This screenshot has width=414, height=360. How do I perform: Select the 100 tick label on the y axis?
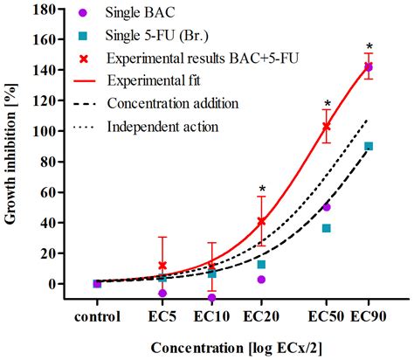(52, 130)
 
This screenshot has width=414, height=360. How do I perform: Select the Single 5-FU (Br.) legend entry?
(157, 36)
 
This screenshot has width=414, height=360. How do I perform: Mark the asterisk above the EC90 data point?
(369, 47)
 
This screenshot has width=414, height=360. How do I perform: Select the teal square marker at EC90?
(369, 146)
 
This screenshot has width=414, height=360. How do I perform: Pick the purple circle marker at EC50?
(326, 207)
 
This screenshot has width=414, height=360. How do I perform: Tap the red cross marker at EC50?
(326, 126)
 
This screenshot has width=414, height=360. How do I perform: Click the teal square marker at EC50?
(326, 228)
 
